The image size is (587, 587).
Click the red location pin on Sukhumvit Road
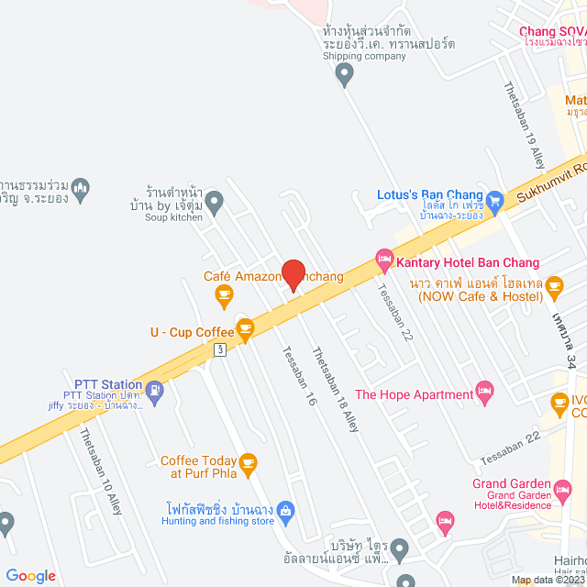[x=293, y=272]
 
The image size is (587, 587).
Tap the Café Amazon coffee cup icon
[x=223, y=294]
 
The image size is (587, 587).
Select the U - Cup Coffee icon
[x=245, y=333]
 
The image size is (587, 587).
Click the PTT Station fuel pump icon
[x=155, y=393]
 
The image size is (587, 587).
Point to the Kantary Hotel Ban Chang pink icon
[x=383, y=262]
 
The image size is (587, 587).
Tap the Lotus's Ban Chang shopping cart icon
[x=495, y=198]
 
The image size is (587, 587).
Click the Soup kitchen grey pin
[x=214, y=198]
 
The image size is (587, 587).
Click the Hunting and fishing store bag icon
[x=286, y=510]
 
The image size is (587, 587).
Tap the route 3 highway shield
[x=220, y=349]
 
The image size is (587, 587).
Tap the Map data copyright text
[x=548, y=580]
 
